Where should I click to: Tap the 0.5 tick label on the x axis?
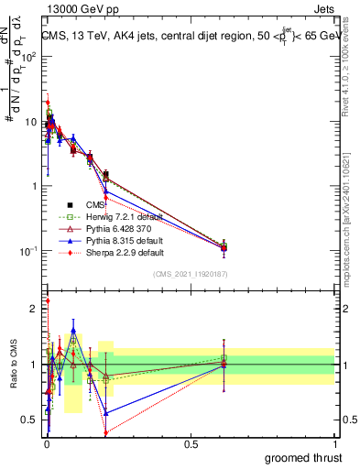pyautogui.click(x=191, y=443)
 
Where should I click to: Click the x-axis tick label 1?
pyautogui.click(x=334, y=443)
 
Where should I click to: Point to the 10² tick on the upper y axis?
pyautogui.click(x=29, y=57)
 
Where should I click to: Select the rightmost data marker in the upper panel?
pyautogui.click(x=224, y=247)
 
